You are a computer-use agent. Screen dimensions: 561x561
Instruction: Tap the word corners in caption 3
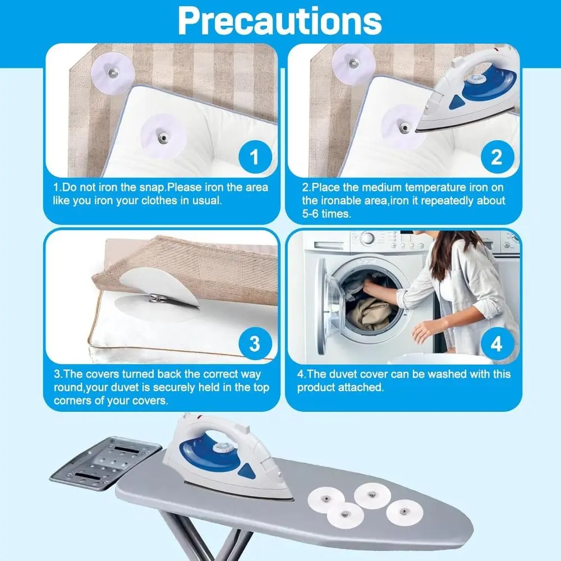(73, 401)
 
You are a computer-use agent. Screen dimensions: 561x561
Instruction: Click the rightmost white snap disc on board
(402, 511)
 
